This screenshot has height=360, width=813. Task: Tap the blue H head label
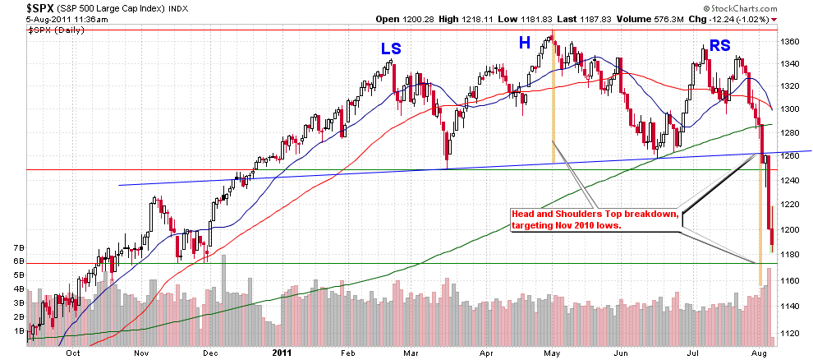(524, 42)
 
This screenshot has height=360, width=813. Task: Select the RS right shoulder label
(719, 46)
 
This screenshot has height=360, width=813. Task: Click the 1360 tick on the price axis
(789, 41)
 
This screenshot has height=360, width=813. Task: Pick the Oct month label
(73, 353)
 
